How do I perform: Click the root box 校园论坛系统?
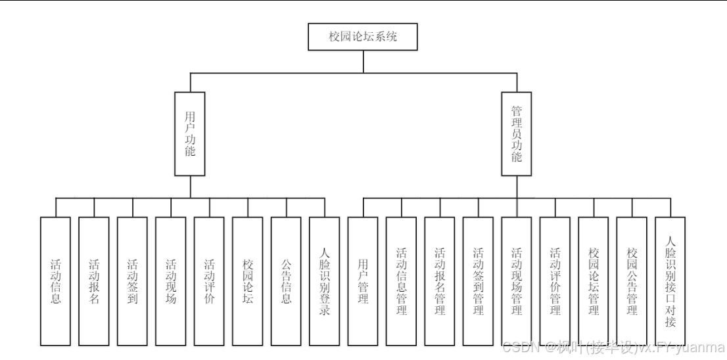(x=363, y=37)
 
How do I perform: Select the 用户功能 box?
(x=190, y=133)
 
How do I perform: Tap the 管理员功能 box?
(x=517, y=133)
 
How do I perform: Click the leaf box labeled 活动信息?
(x=55, y=281)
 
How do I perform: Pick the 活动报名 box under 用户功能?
(x=94, y=281)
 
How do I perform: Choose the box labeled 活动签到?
(x=132, y=281)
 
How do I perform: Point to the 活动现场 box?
(x=171, y=281)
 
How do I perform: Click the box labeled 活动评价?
(x=209, y=281)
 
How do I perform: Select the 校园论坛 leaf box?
(x=248, y=281)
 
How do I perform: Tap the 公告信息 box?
(x=286, y=281)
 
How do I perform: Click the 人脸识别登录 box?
(x=325, y=281)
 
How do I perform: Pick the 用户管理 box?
(x=363, y=281)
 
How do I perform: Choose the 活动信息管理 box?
(x=401, y=281)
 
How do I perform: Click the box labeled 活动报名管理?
(x=440, y=281)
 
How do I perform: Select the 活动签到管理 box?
(x=478, y=281)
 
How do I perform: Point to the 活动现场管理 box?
(x=517, y=281)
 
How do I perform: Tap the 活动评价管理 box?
(x=555, y=281)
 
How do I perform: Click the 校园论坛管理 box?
(x=594, y=281)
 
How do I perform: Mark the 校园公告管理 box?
(x=632, y=281)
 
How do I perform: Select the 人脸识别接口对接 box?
(x=670, y=281)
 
